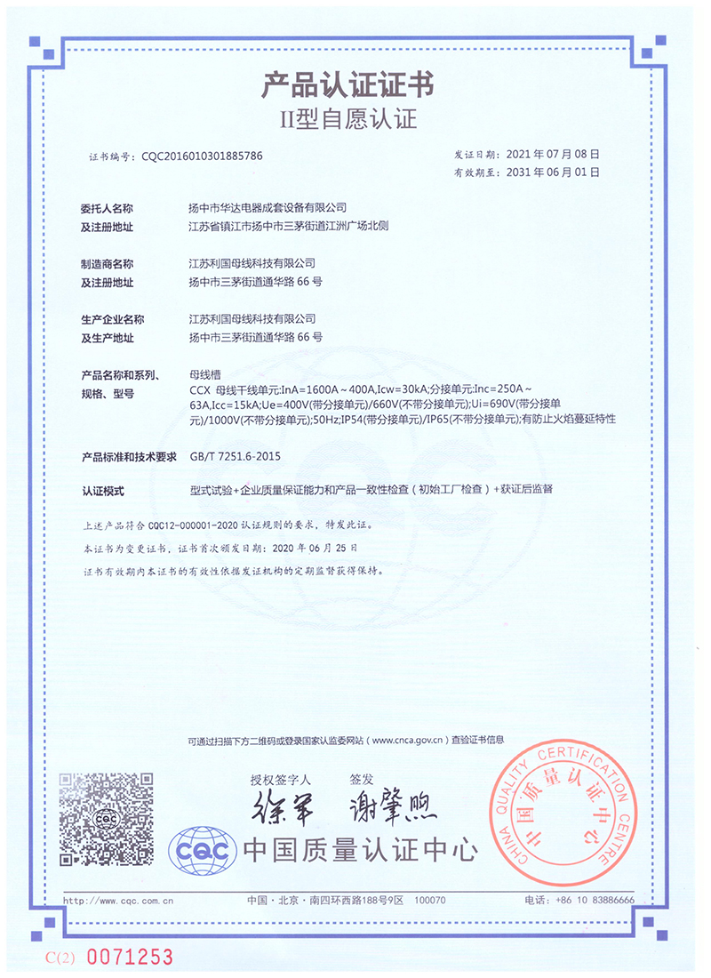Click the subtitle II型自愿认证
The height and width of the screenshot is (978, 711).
tap(348, 119)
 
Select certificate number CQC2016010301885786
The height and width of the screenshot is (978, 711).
tap(202, 156)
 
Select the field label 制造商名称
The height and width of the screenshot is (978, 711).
tap(108, 264)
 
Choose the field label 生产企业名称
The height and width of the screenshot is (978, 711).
tap(113, 319)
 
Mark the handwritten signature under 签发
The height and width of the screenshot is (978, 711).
tap(388, 806)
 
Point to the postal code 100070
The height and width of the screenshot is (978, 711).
tap(431, 901)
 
